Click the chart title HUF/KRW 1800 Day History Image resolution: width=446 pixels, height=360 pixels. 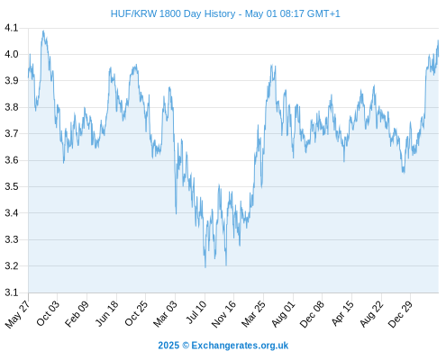173,13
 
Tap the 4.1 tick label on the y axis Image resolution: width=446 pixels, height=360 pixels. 11,28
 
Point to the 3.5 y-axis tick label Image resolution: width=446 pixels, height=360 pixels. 11,186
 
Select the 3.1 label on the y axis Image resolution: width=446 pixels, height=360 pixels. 11,292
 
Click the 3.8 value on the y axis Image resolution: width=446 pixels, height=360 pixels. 11,107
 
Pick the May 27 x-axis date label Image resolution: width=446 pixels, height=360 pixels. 18,314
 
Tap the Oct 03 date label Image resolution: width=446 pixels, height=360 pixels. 48,313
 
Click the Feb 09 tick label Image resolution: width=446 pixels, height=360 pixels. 77,313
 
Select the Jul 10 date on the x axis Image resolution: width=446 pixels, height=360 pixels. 197,312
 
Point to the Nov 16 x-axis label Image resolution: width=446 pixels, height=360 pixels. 223,314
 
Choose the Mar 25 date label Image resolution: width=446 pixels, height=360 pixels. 254,313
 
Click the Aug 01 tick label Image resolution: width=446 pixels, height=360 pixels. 284,313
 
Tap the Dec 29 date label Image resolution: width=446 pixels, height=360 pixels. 401,313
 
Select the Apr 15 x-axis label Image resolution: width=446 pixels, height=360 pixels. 342,313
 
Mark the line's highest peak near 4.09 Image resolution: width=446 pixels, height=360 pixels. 43,31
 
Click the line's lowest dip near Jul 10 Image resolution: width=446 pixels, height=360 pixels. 205,267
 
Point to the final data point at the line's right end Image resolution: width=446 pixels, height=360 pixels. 439,56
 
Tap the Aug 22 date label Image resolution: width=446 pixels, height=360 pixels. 372,313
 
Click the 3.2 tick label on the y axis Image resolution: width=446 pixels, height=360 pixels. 11,266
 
